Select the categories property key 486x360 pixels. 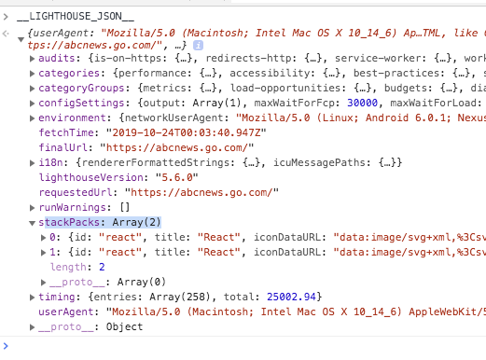click(x=70, y=74)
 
